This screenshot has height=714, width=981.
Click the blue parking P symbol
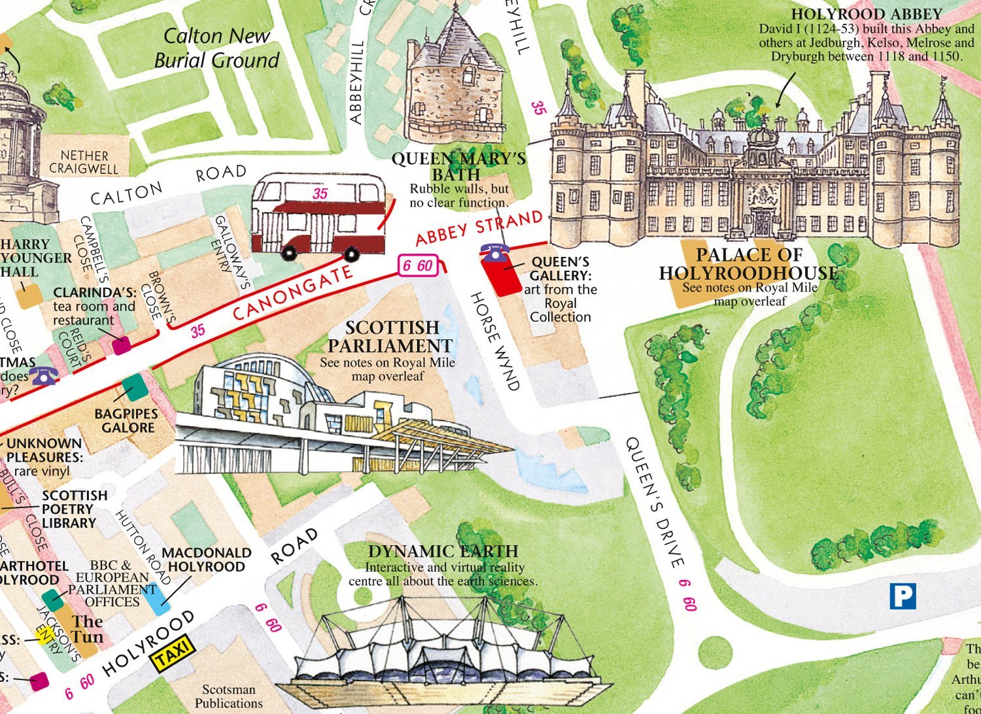click(x=903, y=596)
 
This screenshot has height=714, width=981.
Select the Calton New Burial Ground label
click(x=216, y=48)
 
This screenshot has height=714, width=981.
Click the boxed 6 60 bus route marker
click(x=417, y=265)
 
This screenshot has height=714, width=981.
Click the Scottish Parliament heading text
click(x=391, y=336)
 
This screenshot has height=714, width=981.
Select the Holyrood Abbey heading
click(x=866, y=14)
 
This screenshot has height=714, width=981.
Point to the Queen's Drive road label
click(x=655, y=502)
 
